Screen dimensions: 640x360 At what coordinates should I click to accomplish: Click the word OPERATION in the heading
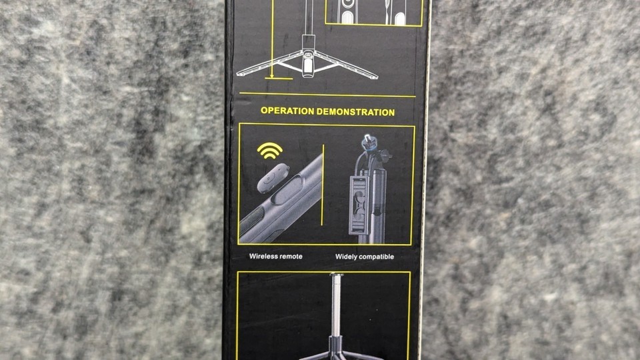pos(287,111)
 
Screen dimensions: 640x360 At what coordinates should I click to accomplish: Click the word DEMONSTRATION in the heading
pos(356,112)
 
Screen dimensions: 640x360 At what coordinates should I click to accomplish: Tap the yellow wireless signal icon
pos(270,151)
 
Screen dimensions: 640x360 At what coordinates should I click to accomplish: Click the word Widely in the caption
pos(345,257)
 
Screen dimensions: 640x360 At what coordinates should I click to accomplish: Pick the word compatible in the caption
pos(376,257)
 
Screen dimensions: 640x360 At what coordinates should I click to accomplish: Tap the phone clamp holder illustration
pos(359,205)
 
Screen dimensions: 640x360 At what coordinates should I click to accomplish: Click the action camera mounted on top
pos(369,144)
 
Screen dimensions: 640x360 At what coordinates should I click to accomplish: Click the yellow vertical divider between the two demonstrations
pos(323,185)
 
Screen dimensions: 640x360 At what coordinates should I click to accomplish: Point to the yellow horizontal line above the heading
pos(327,95)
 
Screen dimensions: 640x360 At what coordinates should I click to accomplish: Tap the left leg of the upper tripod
pos(269,65)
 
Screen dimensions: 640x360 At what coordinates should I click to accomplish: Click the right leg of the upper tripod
pos(346,65)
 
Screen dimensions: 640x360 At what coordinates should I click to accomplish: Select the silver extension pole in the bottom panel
pos(337,305)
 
